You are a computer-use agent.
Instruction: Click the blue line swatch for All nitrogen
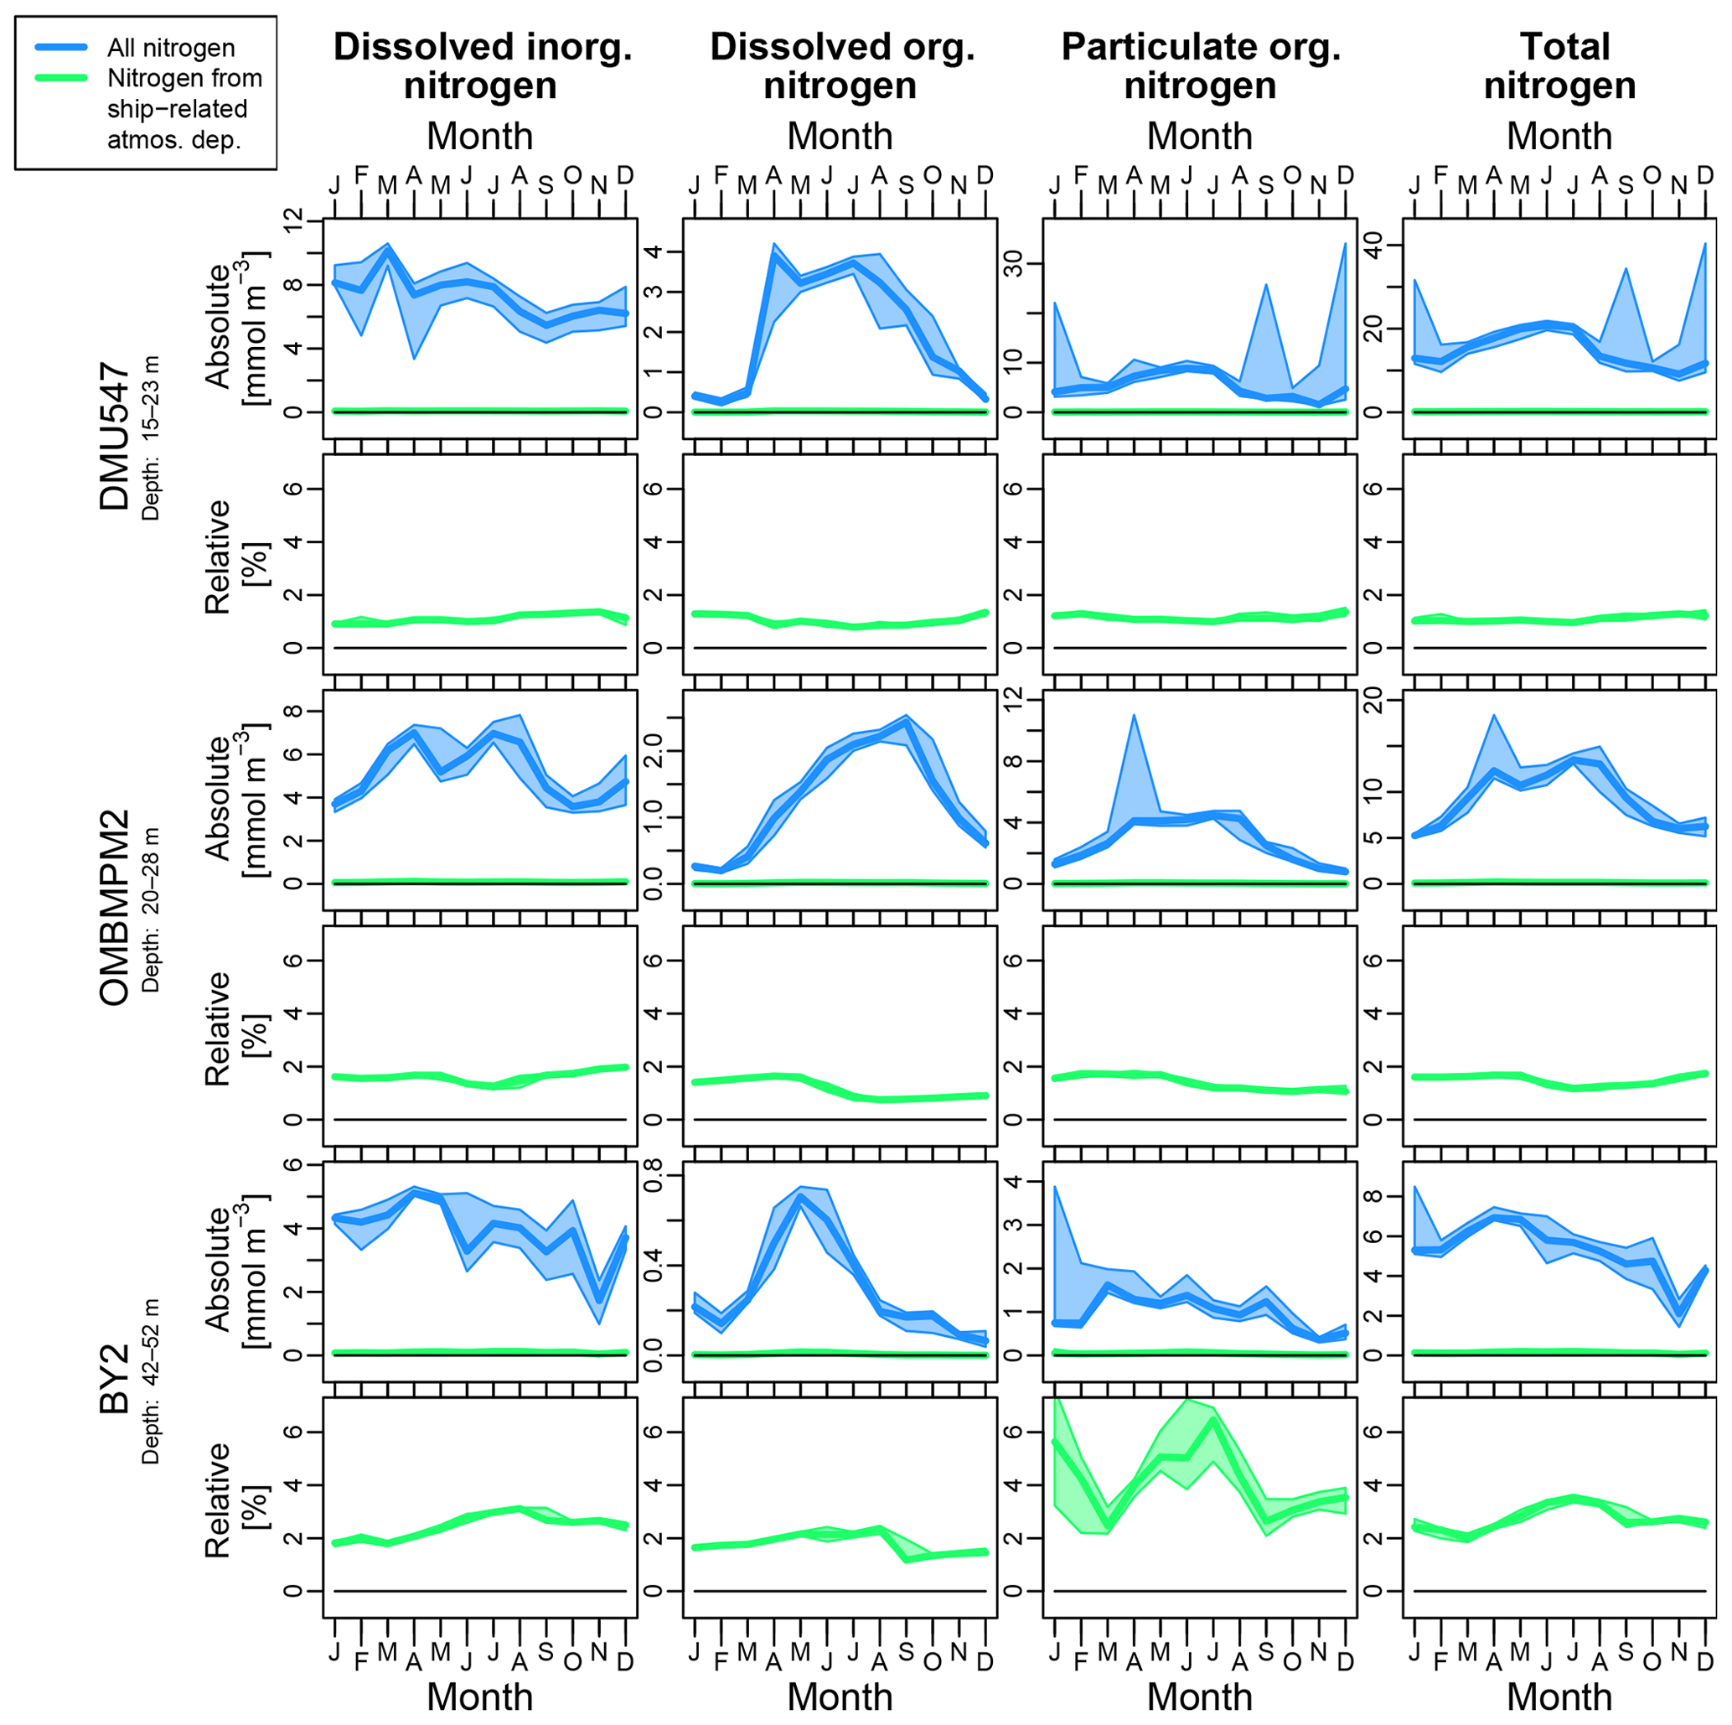(61, 47)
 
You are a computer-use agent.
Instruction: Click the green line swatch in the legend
(61, 78)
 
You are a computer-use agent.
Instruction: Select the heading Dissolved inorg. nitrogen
(483, 66)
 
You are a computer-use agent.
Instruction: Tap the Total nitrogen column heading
(1560, 66)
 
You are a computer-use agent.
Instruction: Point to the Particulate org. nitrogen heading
(1201, 66)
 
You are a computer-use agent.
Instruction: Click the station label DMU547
(115, 437)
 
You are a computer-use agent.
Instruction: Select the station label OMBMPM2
(115, 907)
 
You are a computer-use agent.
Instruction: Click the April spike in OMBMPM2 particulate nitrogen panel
(1134, 716)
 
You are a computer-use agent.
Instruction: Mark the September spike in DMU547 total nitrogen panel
(1626, 268)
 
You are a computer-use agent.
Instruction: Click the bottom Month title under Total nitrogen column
(1560, 1697)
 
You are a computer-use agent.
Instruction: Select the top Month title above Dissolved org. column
(840, 137)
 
